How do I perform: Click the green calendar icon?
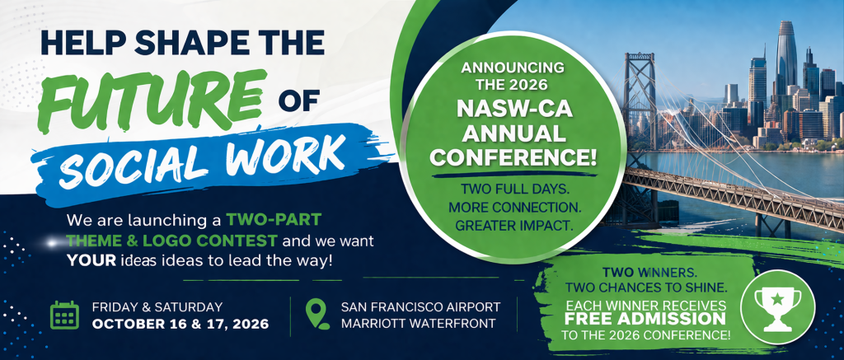[x=64, y=316]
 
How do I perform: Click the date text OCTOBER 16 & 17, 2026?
[x=181, y=325]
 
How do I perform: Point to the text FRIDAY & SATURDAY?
[x=157, y=307]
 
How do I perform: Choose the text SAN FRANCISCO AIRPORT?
[x=420, y=307]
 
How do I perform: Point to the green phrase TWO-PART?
[x=274, y=220]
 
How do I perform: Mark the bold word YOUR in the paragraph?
[x=91, y=261]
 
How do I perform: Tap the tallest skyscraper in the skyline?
[x=786, y=58]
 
